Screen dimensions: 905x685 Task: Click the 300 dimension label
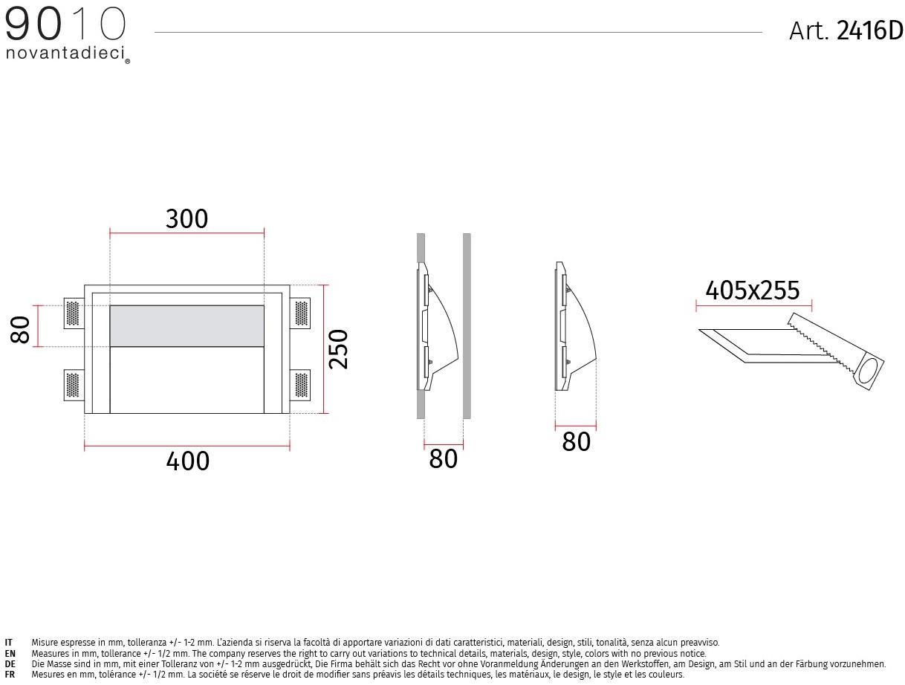(186, 218)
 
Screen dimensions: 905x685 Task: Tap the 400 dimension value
(187, 461)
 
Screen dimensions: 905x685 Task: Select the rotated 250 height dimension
(339, 348)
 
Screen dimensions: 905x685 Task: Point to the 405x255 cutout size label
(752, 290)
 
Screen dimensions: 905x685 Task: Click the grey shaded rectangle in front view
(186, 326)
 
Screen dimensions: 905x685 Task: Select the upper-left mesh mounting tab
(74, 314)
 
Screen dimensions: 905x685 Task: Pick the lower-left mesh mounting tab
(74, 385)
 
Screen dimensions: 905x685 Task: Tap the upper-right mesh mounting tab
(299, 314)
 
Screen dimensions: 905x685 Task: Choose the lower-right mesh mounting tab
(299, 385)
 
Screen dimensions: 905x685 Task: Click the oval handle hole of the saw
(870, 370)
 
